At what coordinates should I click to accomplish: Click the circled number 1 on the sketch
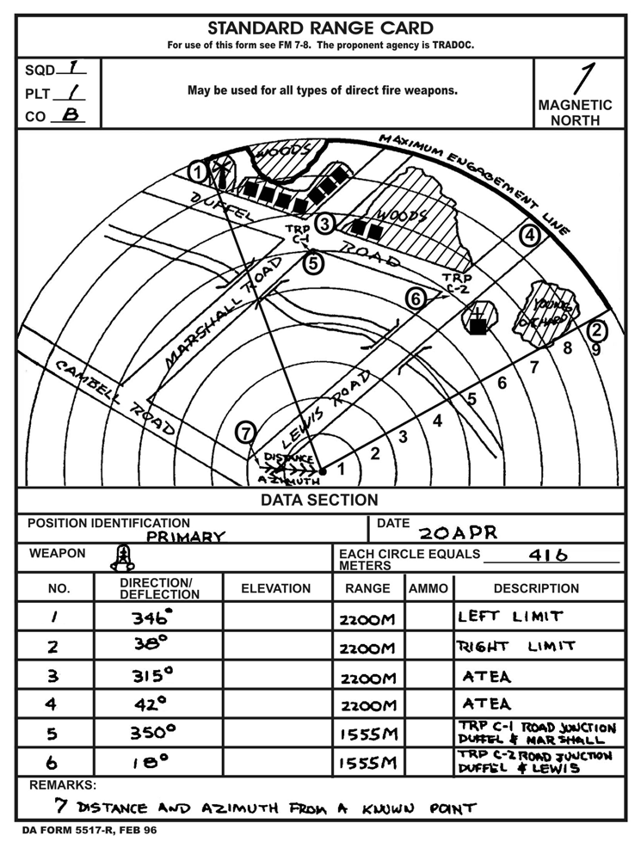199,172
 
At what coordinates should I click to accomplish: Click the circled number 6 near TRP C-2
416,299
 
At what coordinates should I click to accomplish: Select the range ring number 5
472,399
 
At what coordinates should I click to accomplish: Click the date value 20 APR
458,532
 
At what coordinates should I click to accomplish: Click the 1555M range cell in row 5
367,735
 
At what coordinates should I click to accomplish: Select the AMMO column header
428,588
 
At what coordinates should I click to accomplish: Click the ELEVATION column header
276,588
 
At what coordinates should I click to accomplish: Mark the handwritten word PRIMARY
185,537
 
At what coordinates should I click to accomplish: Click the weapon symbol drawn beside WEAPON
124,558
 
